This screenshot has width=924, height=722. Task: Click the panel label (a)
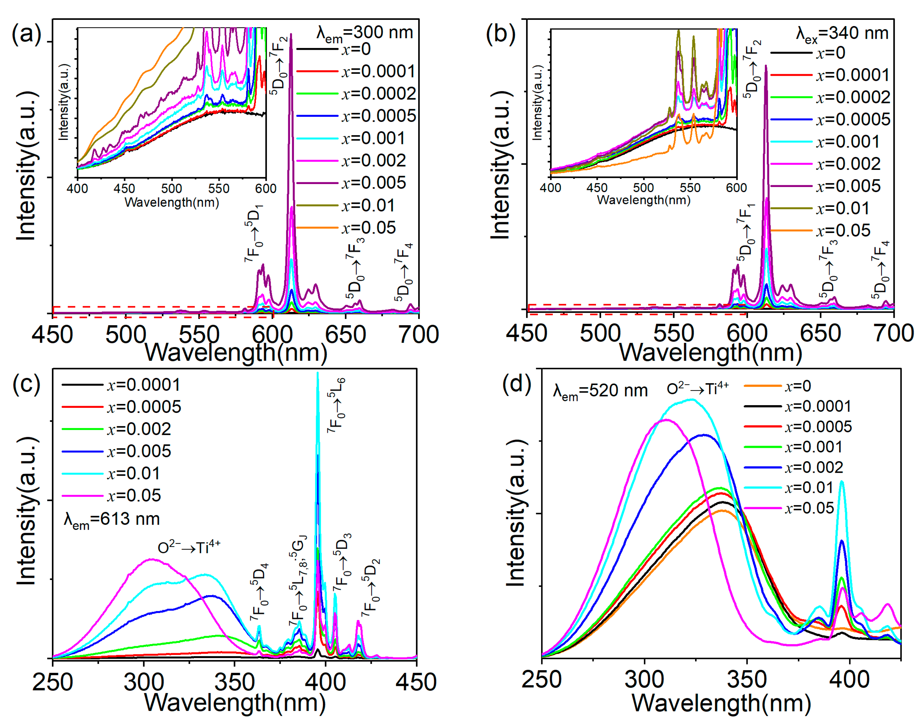point(26,34)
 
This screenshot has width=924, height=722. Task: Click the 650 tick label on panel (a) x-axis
point(345,335)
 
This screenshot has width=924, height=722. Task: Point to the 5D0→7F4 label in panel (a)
point(404,273)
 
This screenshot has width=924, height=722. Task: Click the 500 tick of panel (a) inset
point(171,188)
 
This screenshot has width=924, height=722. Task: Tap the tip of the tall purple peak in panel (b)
point(766,66)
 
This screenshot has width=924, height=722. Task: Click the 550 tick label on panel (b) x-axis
point(673,334)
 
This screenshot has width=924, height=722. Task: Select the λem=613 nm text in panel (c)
point(112,519)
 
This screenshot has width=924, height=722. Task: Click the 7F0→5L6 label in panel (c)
point(337,405)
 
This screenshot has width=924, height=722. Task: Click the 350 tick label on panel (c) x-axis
point(234,682)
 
